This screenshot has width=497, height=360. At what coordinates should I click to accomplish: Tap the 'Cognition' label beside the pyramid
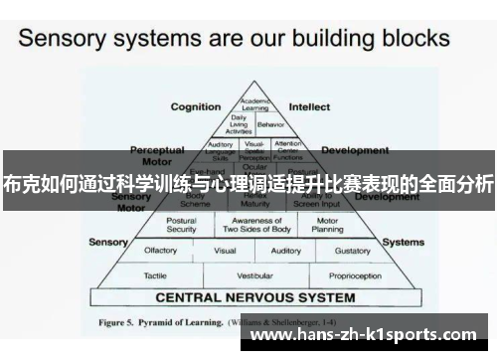click(x=196, y=106)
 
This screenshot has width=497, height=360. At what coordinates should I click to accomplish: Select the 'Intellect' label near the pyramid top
click(x=309, y=106)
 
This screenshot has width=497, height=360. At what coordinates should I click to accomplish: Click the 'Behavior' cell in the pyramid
click(x=270, y=126)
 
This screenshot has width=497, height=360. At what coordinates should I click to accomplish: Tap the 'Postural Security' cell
click(x=181, y=225)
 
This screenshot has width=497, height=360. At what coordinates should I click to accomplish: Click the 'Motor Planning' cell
click(x=327, y=225)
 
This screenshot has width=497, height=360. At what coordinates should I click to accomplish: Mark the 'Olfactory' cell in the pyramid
click(x=161, y=251)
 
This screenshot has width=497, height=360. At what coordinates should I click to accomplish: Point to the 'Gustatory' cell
click(x=352, y=251)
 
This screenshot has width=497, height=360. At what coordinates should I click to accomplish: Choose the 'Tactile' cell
click(x=155, y=275)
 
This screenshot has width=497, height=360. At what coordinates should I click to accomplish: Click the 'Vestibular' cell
click(x=254, y=275)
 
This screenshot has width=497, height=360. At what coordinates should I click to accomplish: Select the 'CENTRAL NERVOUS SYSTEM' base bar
click(x=254, y=297)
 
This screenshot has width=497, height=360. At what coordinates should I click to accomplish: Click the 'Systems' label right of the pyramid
click(x=403, y=242)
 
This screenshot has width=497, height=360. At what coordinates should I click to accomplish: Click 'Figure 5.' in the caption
click(x=122, y=322)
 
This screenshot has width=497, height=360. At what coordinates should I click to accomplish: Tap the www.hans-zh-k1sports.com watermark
click(x=385, y=337)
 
